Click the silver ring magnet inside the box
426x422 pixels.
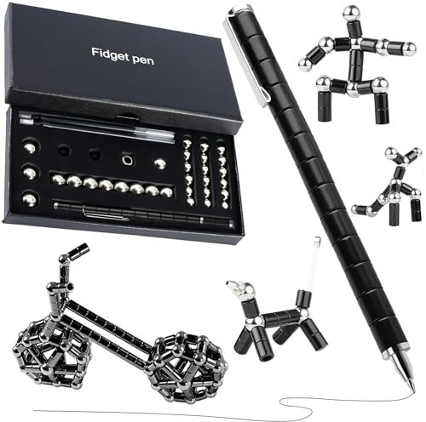pos(127,158)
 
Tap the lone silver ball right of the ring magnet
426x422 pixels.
pos(159,162)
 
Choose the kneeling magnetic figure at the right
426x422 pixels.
pos(391,191)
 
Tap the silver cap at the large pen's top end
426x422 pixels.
pos(232,12)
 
